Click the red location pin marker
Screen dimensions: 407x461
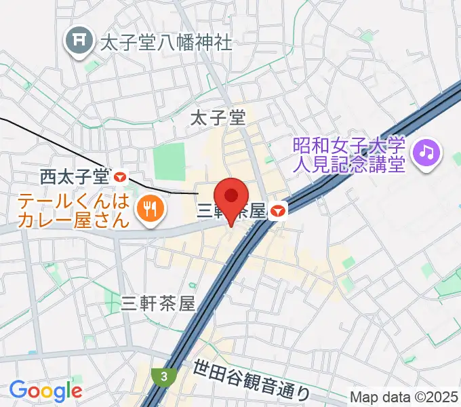(x=231, y=197)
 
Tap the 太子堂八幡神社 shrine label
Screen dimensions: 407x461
(x=165, y=43)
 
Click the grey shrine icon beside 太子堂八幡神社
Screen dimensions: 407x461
(x=80, y=42)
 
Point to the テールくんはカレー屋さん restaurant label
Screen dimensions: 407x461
(x=73, y=211)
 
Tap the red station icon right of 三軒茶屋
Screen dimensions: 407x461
(x=277, y=212)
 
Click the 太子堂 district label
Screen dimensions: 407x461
(x=217, y=119)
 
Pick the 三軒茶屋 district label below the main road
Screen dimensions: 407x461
(x=159, y=303)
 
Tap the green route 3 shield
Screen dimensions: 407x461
(x=163, y=375)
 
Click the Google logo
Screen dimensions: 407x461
(x=45, y=391)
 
